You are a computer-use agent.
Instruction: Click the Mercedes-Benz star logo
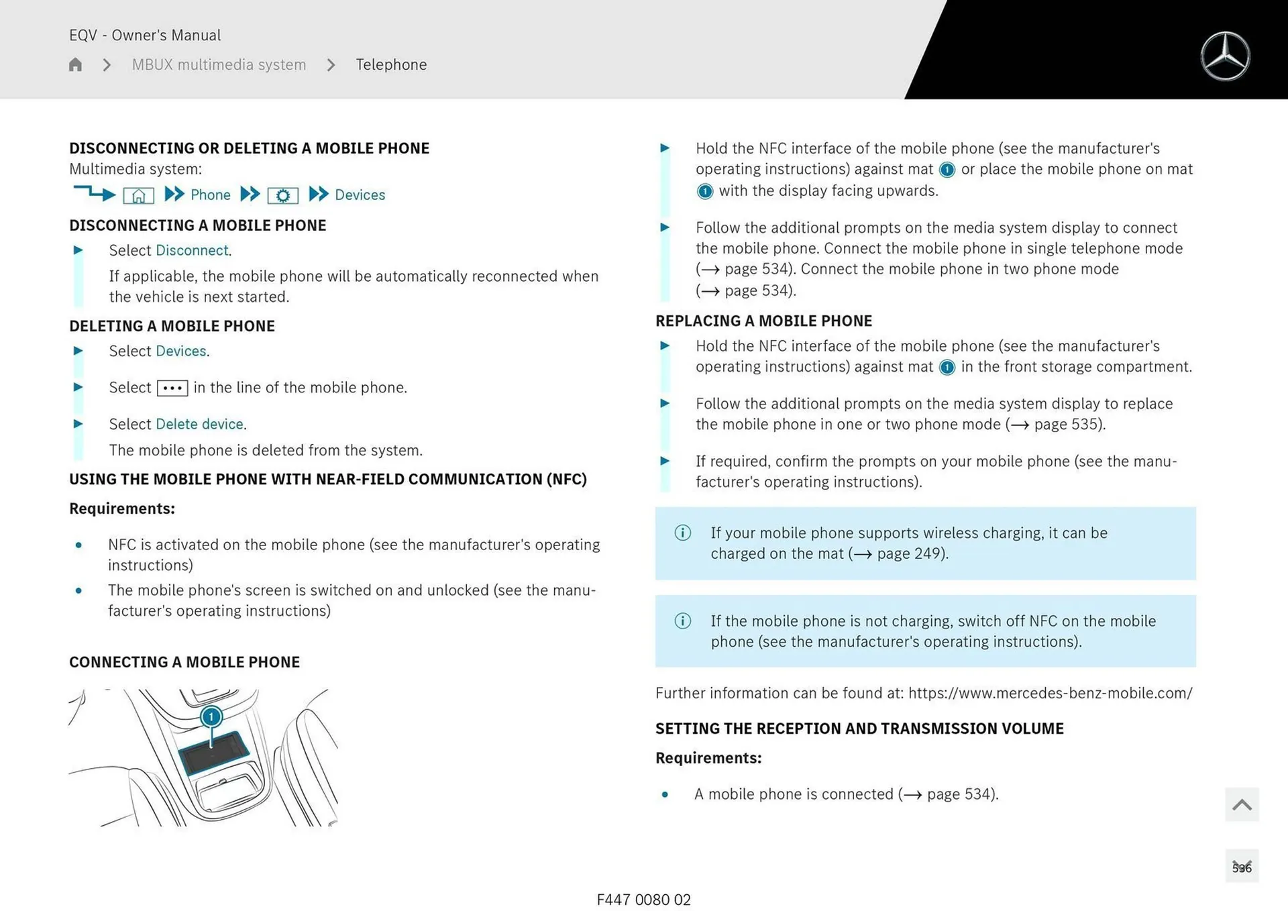pos(1225,56)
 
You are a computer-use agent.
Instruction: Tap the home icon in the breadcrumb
pos(75,64)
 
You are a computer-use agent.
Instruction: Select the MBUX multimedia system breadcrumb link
pos(219,64)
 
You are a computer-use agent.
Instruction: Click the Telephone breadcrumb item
pos(391,64)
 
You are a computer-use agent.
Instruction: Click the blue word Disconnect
pos(192,250)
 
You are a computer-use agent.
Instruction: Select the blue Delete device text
pos(199,424)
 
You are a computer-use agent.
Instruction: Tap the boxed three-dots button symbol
pos(172,388)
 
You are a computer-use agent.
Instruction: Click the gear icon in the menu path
pos(282,195)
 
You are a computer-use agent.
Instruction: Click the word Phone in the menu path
pos(210,195)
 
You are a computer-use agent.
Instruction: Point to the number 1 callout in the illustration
pos(211,716)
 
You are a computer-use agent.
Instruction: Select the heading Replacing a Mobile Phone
pos(763,321)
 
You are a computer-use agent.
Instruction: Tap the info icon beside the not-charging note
pos(682,621)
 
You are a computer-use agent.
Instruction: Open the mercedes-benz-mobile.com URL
pos(1050,693)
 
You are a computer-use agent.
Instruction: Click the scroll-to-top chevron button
pos(1241,804)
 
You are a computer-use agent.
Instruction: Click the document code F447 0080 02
pos(643,900)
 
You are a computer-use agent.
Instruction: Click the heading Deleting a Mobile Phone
pos(172,326)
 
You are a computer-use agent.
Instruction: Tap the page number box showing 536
pos(1241,867)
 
